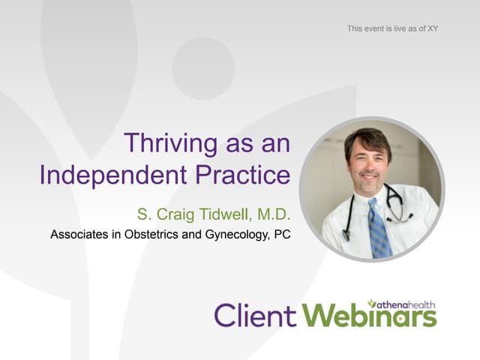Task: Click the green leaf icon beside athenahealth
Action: (372, 302)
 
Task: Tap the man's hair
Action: (368, 139)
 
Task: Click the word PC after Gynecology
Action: (282, 235)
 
